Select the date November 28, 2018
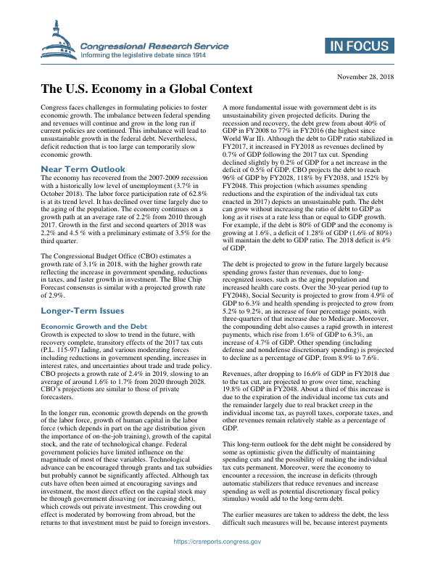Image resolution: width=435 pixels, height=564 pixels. coord(365,76)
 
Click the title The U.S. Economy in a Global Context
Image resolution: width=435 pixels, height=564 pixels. coord(146,90)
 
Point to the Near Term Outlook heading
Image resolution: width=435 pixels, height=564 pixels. coord(83,169)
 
